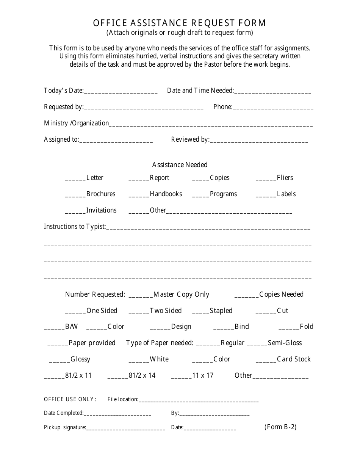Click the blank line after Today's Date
click(121, 91)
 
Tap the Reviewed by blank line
click(259, 140)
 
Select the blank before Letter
click(75, 178)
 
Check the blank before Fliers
click(266, 178)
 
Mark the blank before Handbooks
click(139, 195)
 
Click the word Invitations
click(101, 210)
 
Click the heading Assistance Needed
click(180, 165)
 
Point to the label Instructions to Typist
click(74, 227)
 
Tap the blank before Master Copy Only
click(141, 295)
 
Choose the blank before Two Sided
click(139, 311)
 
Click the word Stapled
click(221, 311)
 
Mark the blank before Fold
click(289, 327)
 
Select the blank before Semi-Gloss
click(257, 344)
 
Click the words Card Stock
click(294, 359)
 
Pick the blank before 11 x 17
click(181, 376)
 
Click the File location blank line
click(198, 400)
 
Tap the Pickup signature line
click(125, 428)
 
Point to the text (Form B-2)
click(280, 427)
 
